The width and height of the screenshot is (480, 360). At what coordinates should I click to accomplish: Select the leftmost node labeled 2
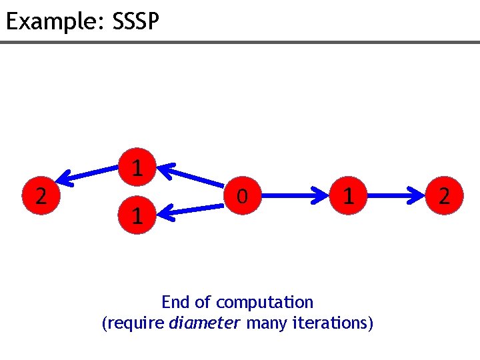41,196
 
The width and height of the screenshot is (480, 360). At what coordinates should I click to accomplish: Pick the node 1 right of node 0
347,196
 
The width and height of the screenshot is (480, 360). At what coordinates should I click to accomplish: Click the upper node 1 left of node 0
136,167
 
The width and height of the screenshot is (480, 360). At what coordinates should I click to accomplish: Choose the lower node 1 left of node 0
136,215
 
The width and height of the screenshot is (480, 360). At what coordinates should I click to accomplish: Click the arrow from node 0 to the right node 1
295,196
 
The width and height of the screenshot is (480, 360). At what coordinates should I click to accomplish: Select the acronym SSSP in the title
136,22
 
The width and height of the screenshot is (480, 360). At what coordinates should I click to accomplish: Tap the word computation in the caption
265,303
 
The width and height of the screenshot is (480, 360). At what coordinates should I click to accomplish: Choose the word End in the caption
175,303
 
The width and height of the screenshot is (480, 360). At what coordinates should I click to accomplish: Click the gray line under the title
240,42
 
